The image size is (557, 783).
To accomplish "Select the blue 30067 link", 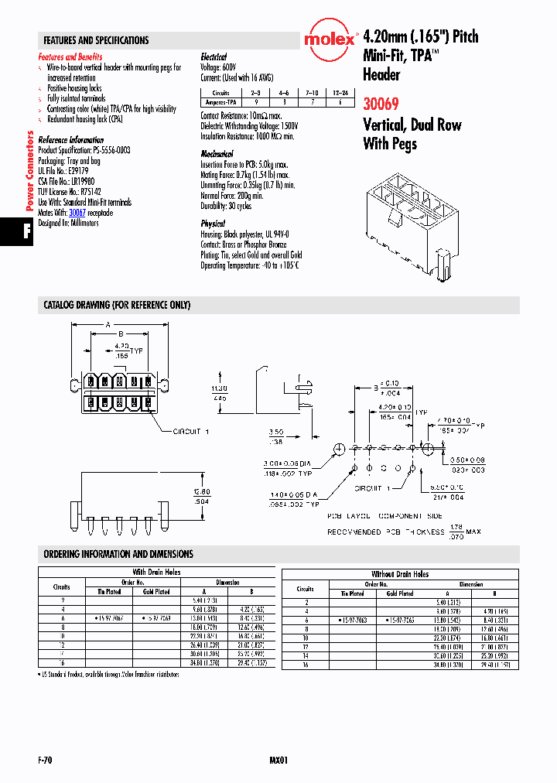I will (77, 213).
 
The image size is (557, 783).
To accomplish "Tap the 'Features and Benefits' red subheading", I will (70, 57).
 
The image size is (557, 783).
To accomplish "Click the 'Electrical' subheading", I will (214, 57).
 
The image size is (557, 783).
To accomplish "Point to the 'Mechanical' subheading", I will (217, 155).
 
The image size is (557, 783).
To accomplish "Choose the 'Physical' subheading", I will (213, 223).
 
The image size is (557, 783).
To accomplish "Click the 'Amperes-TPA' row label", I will (221, 101).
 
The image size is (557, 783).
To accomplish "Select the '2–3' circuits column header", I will (256, 93).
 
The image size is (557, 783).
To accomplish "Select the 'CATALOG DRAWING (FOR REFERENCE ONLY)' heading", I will (117, 305).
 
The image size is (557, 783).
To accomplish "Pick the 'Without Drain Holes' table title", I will (400, 574).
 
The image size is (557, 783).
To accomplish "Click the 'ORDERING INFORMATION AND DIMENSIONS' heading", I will (118, 554).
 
